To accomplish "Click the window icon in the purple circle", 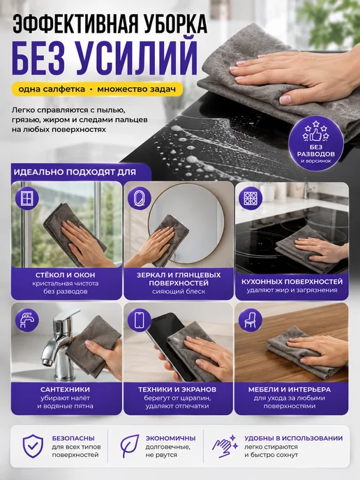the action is [27, 198].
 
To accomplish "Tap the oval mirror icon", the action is [140, 198].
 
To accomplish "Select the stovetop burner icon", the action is [250, 198].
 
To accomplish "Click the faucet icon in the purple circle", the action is [27, 320].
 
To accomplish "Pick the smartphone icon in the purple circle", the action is [140, 320].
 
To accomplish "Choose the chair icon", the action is [250, 320].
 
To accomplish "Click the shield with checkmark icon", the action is [33, 446].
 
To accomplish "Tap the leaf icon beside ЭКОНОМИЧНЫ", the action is [129, 446].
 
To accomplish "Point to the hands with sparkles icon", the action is [225, 446].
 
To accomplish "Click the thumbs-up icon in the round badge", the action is [315, 134].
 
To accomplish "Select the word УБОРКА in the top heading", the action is [177, 24].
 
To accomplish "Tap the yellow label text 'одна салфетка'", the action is [52, 89].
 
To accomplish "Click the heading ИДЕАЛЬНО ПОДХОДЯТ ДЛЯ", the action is [75, 172].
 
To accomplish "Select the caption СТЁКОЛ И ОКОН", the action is [65, 275].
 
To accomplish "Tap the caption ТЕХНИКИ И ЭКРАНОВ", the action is [177, 390].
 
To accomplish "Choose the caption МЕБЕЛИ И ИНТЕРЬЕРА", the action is [290, 390].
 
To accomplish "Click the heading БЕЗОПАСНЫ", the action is [73, 438].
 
